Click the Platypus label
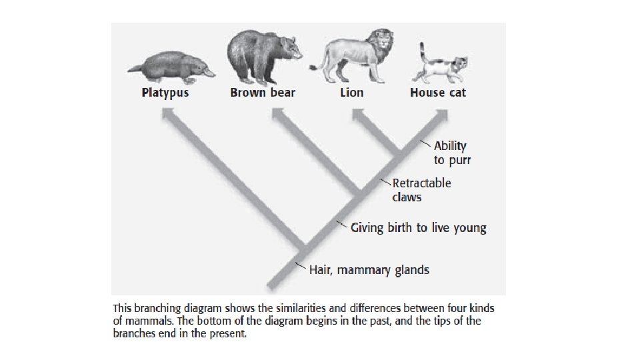(165, 93)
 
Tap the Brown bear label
(263, 93)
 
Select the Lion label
(351, 93)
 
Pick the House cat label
(438, 93)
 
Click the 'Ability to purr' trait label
(450, 152)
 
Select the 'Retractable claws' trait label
(421, 190)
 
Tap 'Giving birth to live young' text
(419, 228)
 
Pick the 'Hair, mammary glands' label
(369, 270)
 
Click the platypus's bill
(208, 70)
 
